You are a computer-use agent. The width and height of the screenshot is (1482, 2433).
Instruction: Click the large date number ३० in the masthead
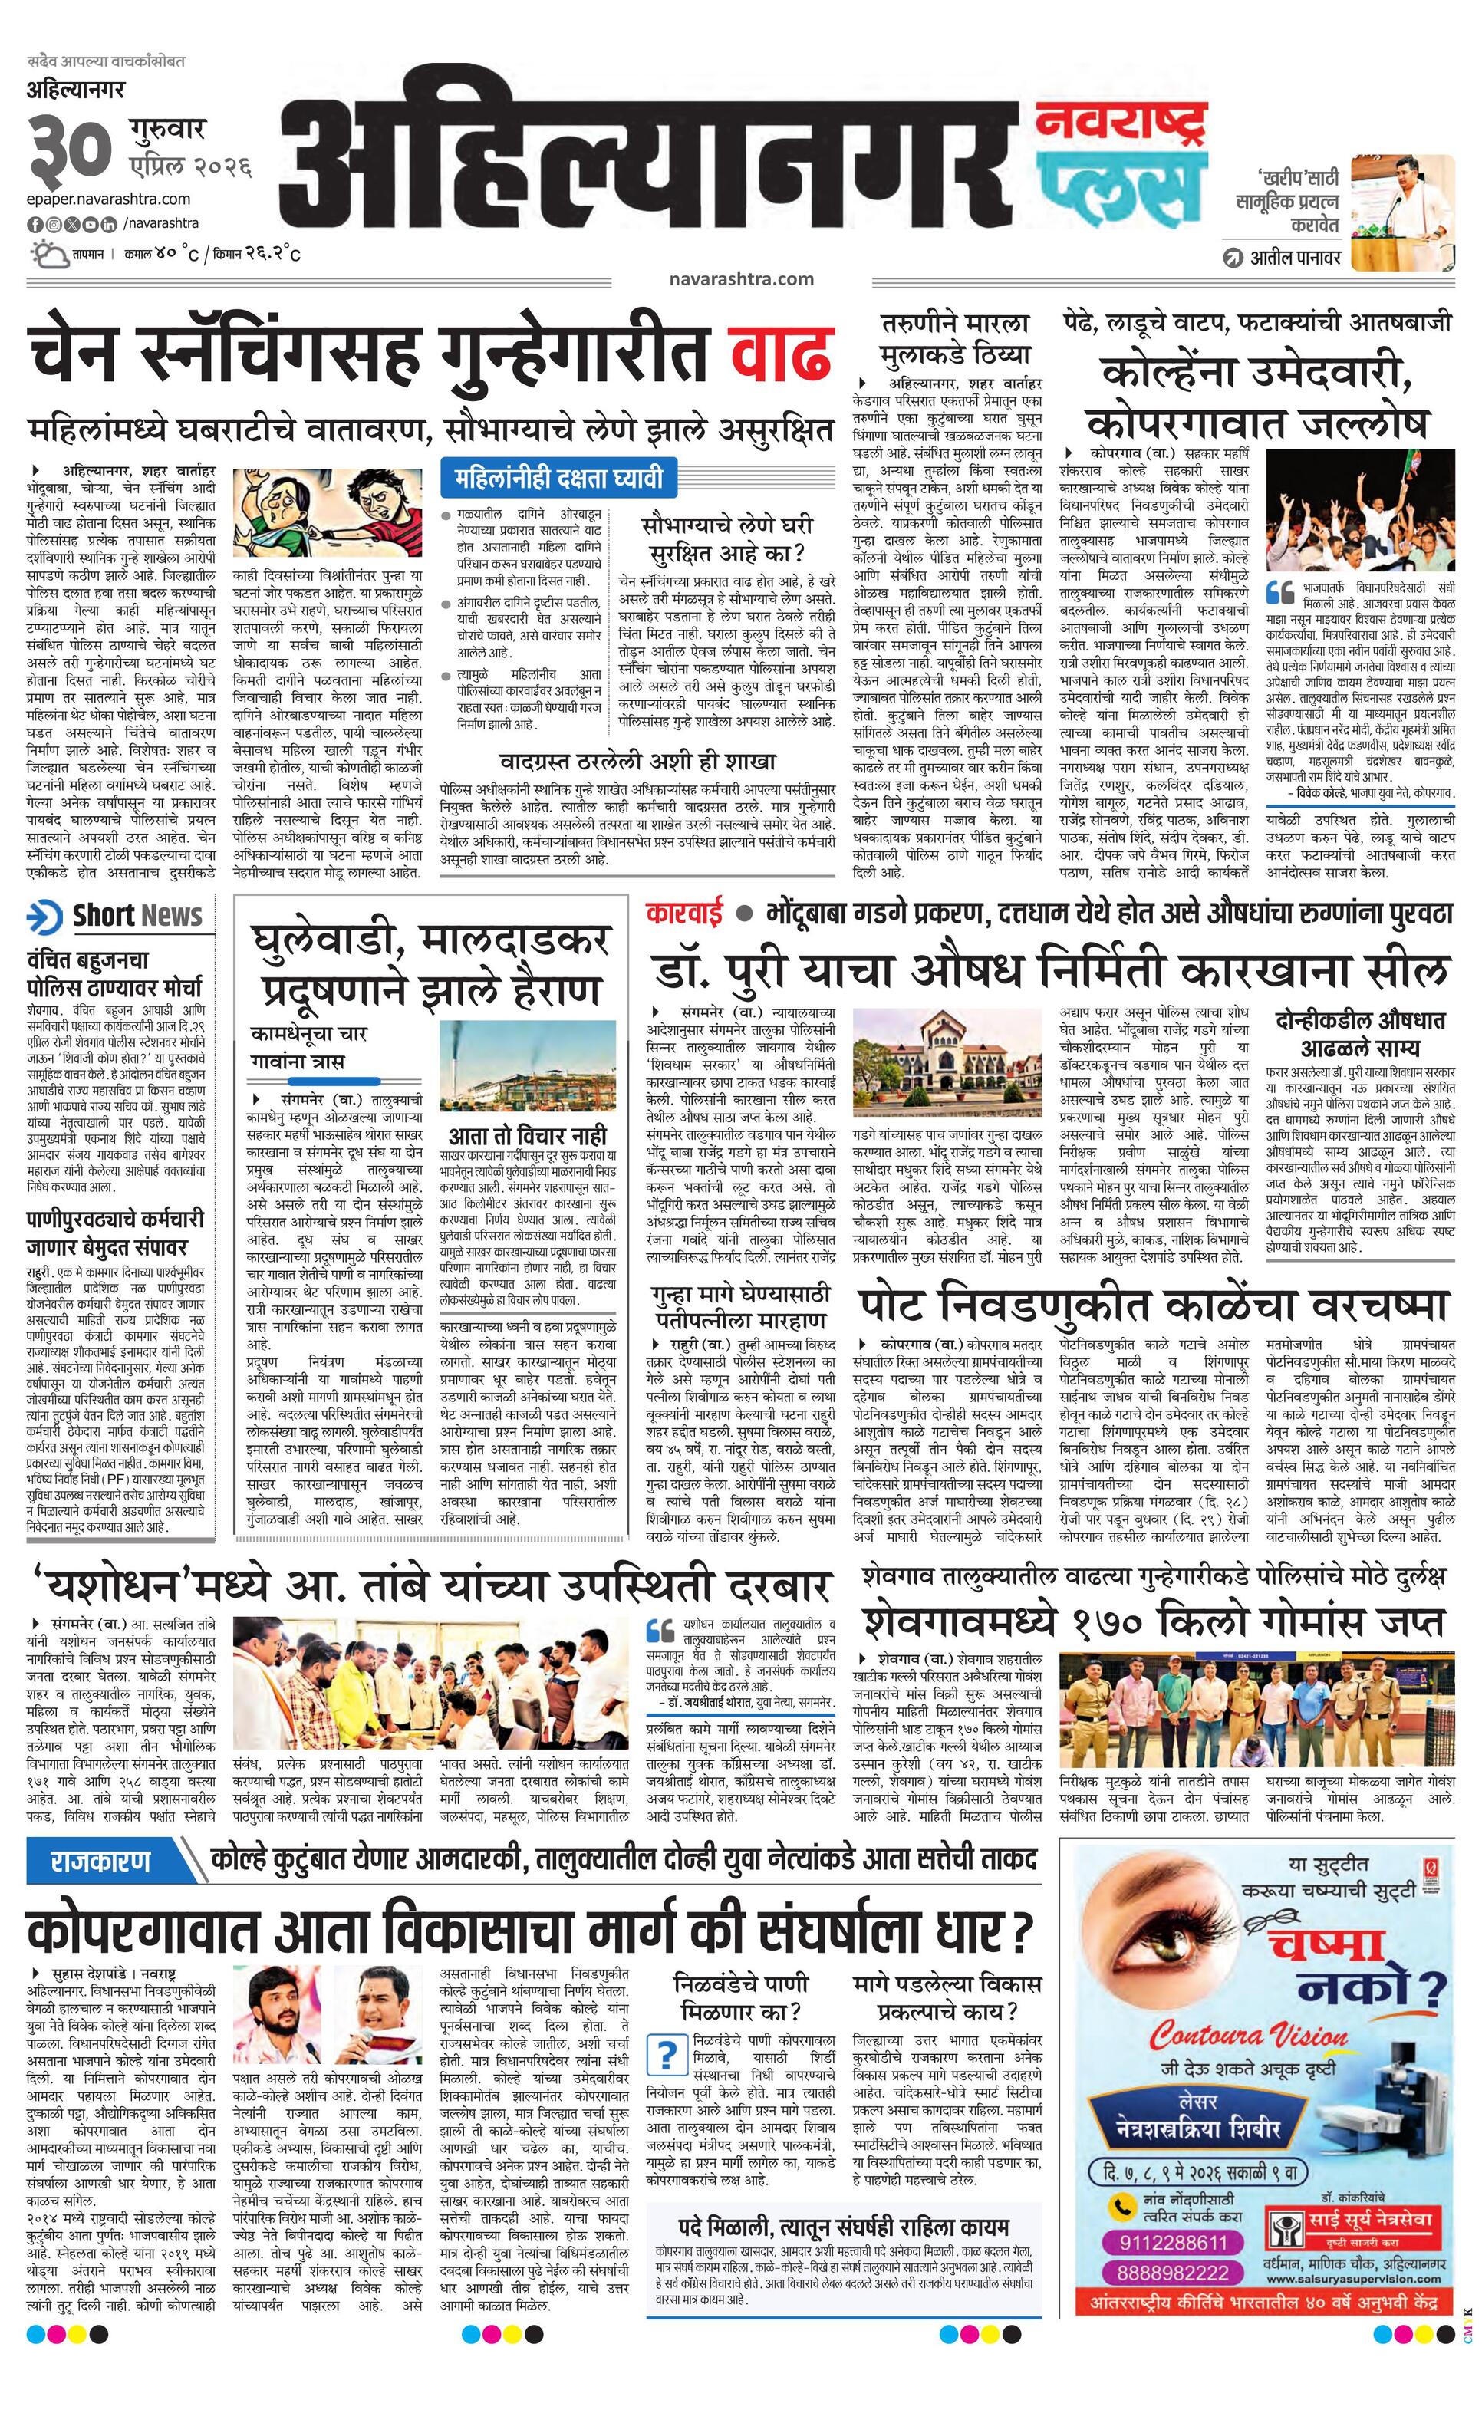point(72,149)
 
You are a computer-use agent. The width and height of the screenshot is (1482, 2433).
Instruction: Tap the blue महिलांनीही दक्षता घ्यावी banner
point(558,479)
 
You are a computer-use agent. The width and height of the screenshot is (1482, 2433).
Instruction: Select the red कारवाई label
point(684,913)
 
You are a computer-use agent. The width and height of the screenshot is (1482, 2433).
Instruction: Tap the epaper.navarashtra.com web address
point(109,199)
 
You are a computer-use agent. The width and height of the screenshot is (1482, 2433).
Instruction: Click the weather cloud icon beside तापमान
point(46,254)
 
